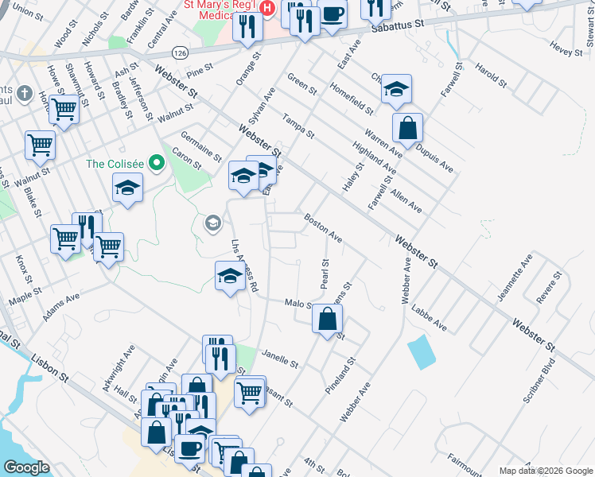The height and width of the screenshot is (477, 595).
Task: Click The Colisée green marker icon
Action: pos(157,164)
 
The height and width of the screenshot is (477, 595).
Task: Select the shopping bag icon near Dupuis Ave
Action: pos(407,127)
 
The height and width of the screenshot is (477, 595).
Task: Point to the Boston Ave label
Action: pos(323,227)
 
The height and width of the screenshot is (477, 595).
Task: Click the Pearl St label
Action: pos(325,273)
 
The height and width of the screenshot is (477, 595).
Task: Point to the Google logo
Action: pos(26,467)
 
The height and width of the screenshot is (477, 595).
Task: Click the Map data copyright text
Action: pos(546,471)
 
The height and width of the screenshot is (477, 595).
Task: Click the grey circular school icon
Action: pos(212,223)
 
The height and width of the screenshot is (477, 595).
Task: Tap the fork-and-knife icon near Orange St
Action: pos(247,28)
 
